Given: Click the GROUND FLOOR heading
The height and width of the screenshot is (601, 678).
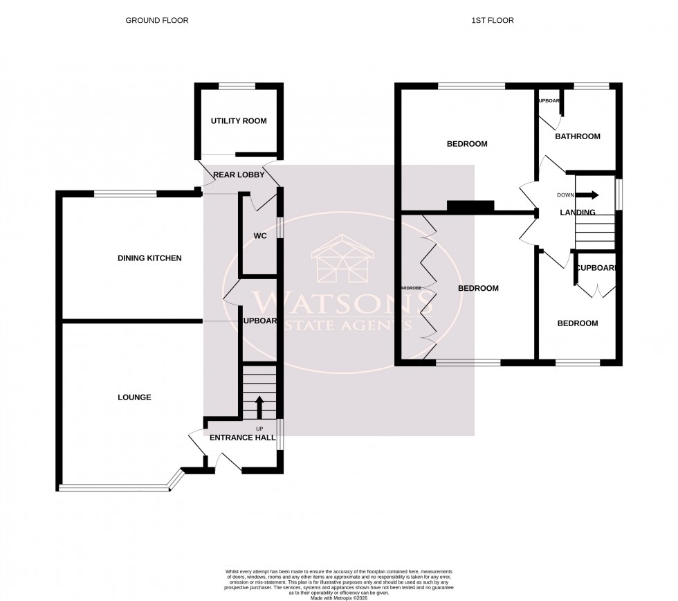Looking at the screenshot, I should click(156, 21).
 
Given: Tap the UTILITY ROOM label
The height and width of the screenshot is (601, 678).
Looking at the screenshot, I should click(239, 121).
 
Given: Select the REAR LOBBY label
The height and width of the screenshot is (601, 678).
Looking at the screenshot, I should click(239, 175).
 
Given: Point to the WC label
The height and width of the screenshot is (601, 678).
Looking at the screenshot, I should click(260, 236).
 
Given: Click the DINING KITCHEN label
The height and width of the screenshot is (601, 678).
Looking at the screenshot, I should click(149, 258).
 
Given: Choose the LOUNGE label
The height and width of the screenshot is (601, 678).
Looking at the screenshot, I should click(134, 397).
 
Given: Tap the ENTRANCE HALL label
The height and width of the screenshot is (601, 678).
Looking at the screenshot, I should click(242, 438).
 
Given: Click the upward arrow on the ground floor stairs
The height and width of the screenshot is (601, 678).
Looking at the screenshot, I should click(259, 406).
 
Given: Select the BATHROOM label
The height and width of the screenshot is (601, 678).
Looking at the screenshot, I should click(578, 136).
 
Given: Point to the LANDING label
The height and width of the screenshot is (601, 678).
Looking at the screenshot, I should click(577, 213).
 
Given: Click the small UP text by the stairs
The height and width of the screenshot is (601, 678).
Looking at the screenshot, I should click(259, 429).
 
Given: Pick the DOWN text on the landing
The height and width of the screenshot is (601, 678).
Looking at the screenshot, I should click(565, 195).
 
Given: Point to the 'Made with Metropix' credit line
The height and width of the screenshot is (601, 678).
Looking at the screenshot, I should click(338, 598).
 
